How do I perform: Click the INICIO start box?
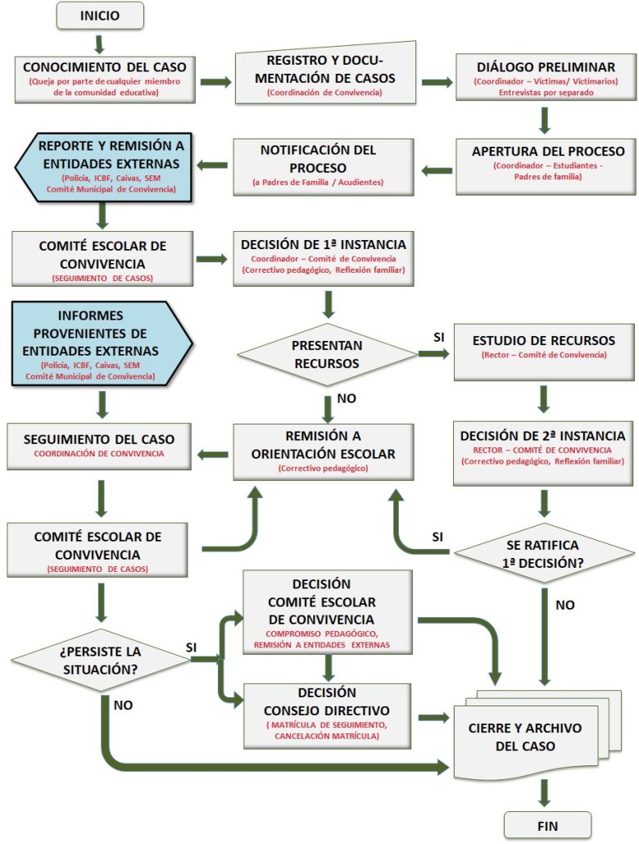[100, 16]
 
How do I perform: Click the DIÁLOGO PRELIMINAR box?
[546, 77]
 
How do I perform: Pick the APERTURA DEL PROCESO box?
[546, 163]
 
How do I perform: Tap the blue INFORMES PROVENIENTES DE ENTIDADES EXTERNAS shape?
[102, 343]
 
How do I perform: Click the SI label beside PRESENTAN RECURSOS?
[438, 337]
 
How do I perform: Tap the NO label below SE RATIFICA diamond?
[565, 605]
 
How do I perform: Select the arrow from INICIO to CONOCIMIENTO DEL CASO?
[100, 43]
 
